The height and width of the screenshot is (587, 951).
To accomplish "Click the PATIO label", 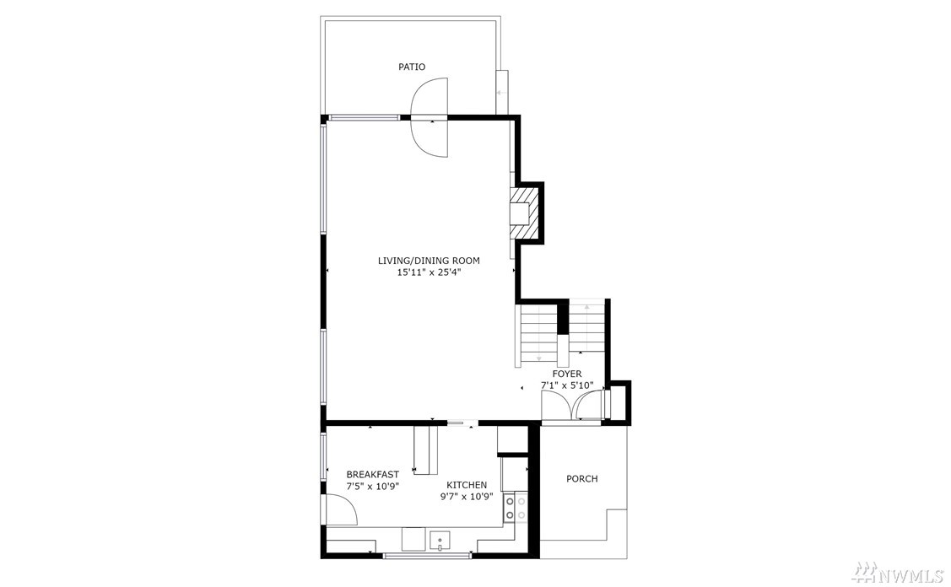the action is (411, 67).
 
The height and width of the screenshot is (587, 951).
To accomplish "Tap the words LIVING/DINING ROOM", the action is (429, 261).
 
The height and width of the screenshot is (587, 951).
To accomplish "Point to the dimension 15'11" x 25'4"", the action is (430, 273).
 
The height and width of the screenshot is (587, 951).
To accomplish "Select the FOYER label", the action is (566, 374).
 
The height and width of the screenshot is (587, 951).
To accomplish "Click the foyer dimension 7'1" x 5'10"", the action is (566, 385).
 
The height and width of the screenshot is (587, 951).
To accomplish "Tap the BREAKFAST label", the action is (372, 475).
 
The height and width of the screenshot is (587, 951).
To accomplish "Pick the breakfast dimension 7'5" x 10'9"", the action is (372, 487).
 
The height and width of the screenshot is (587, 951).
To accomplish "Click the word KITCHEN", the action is (467, 485).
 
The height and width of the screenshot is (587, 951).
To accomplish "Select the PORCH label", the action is (581, 479).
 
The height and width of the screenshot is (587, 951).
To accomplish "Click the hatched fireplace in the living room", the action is (524, 214).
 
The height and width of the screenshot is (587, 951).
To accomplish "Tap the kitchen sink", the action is (440, 541).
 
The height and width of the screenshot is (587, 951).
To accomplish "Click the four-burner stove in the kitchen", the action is (515, 509).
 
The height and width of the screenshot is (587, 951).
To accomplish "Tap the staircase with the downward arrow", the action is (538, 333).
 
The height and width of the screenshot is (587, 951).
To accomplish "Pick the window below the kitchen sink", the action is (427, 555).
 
